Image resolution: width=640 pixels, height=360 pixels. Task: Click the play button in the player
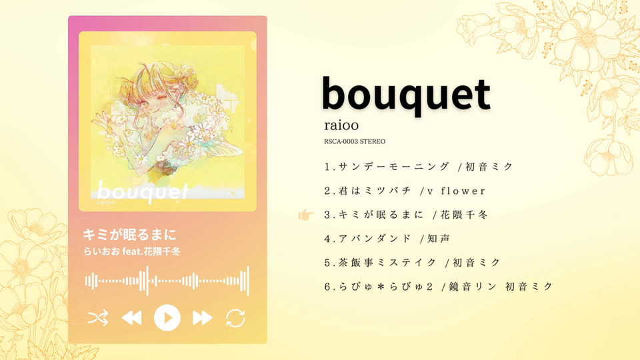167,317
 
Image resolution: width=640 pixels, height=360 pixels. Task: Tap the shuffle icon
98,317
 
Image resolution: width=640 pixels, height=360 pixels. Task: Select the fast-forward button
203,317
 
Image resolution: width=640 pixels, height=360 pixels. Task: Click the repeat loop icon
235,318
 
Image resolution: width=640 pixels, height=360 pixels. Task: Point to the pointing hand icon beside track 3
306,214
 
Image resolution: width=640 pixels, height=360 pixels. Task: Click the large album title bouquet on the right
406,95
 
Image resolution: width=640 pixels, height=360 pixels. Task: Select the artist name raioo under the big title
341,125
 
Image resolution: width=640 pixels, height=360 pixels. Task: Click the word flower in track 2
463,191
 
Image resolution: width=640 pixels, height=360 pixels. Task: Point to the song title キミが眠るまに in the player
130,235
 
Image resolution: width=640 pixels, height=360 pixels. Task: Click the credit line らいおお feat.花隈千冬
132,251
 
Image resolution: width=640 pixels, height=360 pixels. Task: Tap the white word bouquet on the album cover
143,192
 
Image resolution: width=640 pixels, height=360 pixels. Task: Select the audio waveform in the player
167,281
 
